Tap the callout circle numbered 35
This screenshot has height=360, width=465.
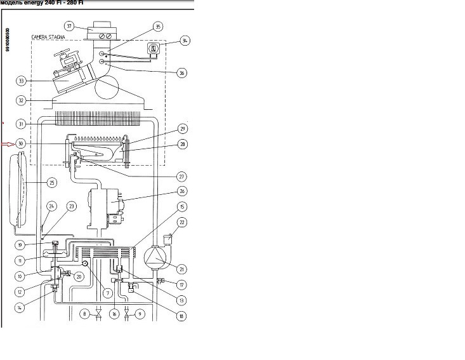[x=158, y=27]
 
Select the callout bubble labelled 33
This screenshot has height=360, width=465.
[x=21, y=81]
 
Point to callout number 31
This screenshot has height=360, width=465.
[x=21, y=124]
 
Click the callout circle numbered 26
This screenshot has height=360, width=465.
[x=182, y=190]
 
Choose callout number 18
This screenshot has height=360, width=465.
[x=182, y=315]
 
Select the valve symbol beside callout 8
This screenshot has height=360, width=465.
[x=99, y=314]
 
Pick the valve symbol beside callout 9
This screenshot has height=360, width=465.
[x=128, y=314]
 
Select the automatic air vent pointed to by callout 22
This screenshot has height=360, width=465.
[x=167, y=238]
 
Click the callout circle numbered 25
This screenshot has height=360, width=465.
[x=51, y=182]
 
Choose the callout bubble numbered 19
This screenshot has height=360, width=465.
[x=21, y=244]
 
